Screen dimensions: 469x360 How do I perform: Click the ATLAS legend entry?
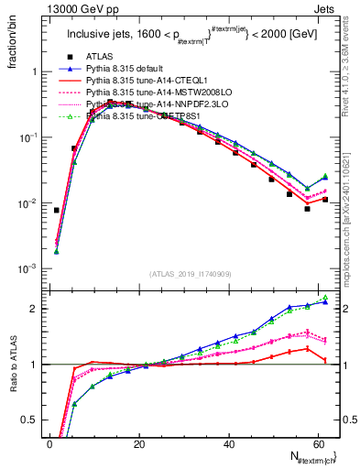click(x=100, y=57)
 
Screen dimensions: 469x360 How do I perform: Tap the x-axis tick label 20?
click(x=139, y=444)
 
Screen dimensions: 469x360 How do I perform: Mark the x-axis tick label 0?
click(x=50, y=444)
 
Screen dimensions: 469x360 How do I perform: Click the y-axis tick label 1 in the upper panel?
click(x=38, y=71)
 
